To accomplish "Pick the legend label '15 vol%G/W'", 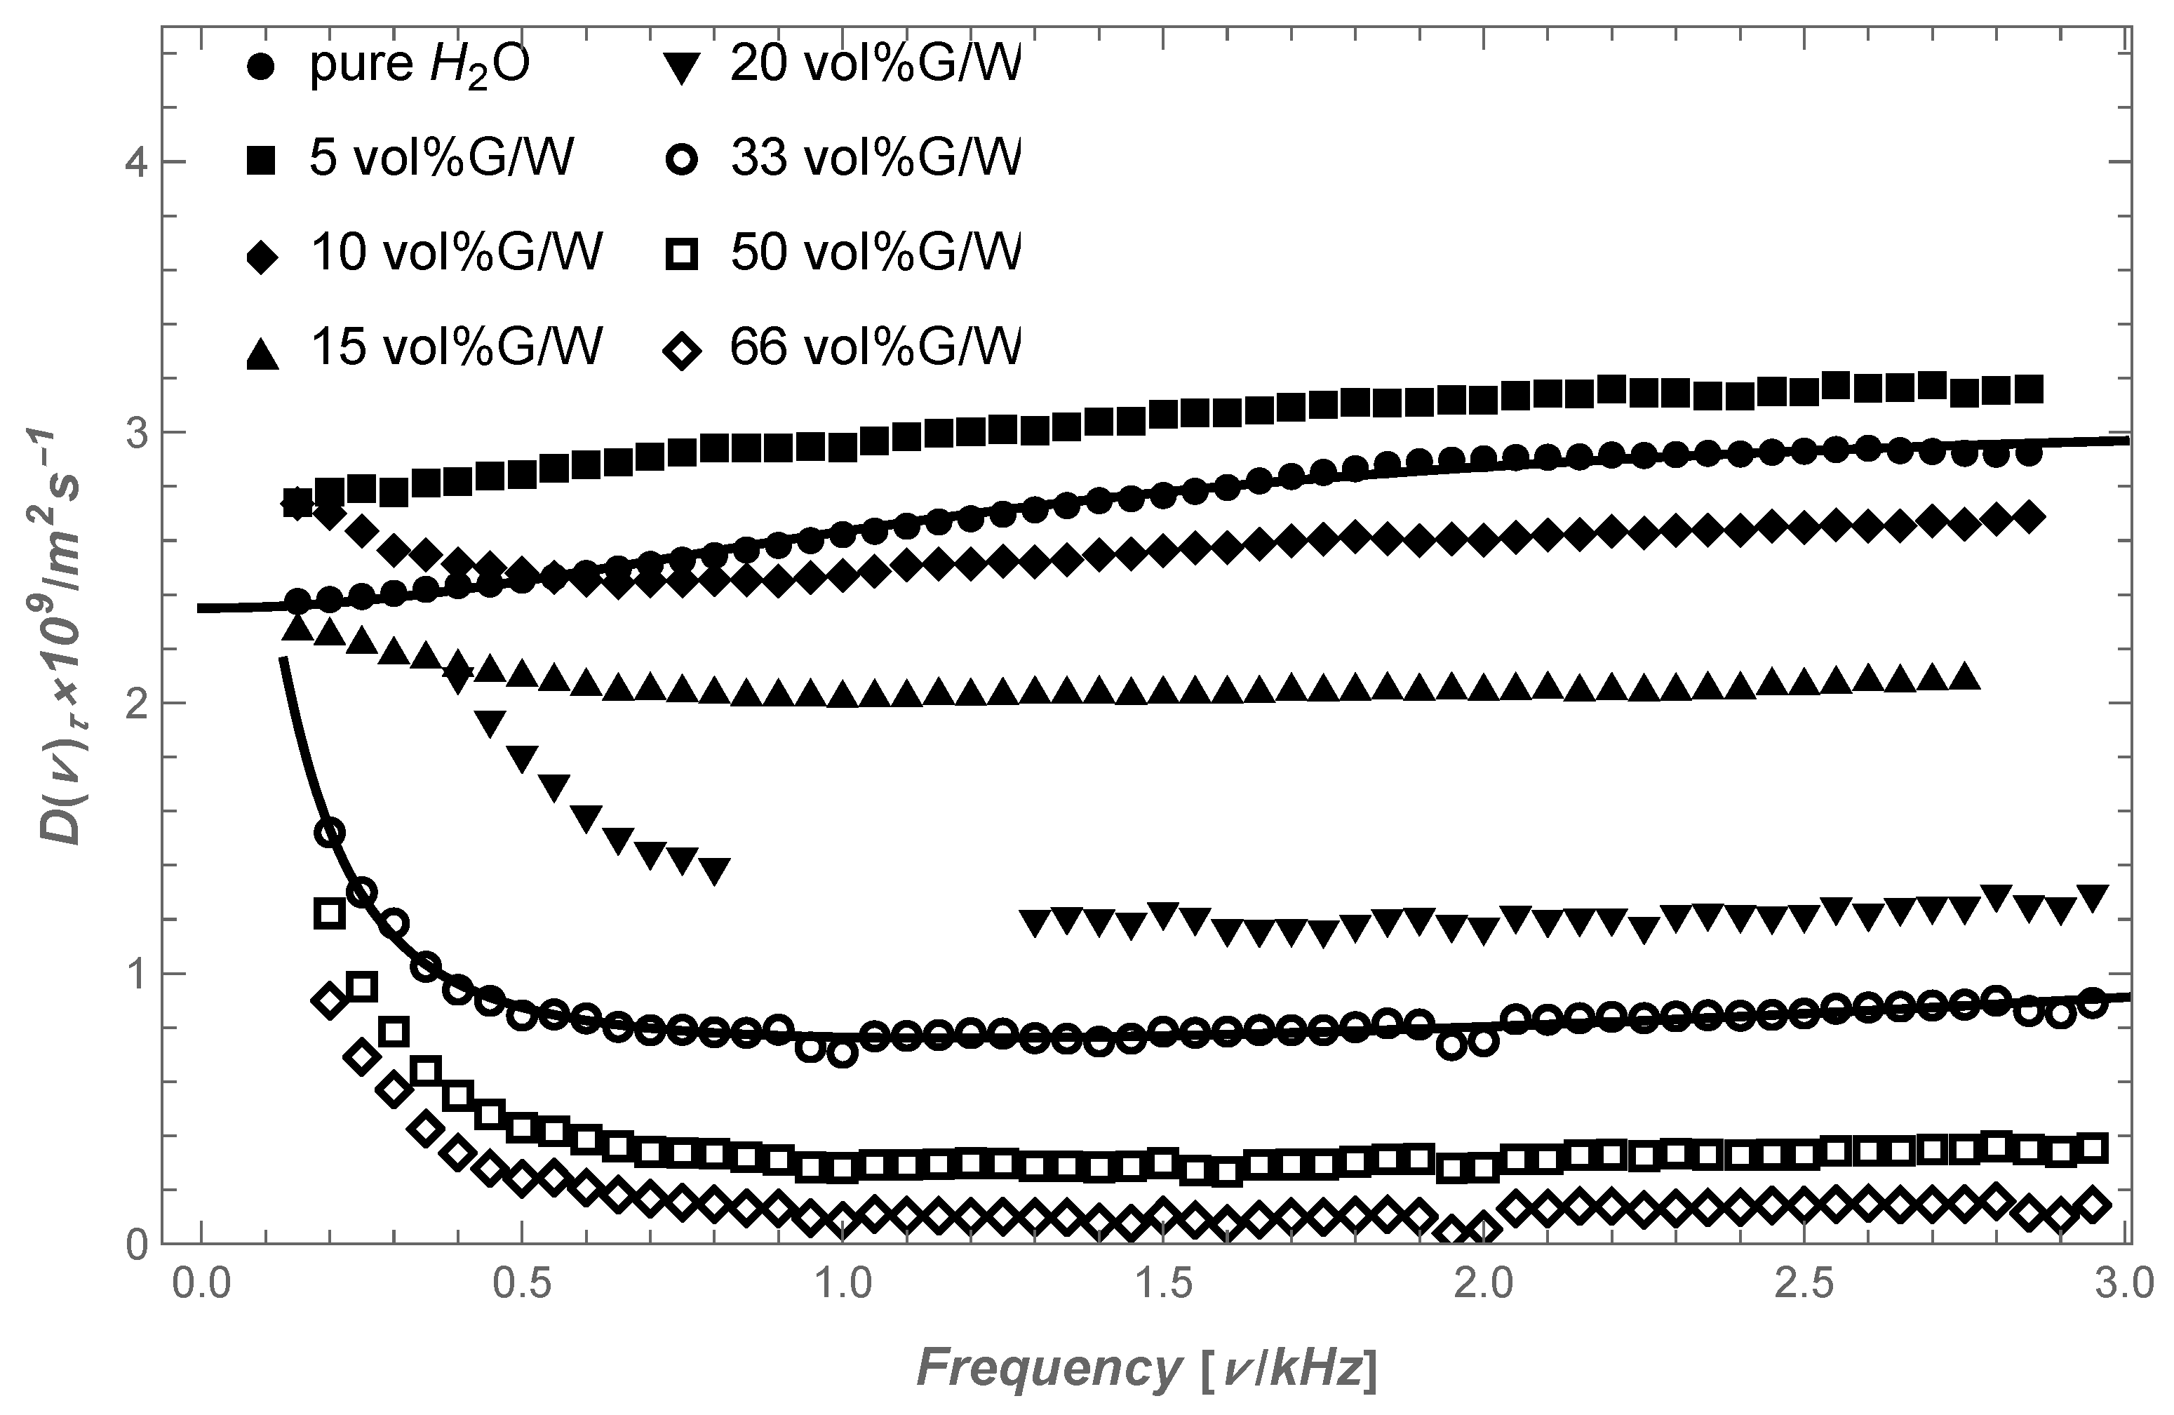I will tap(456, 348).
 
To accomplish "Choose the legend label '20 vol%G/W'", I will tap(874, 66).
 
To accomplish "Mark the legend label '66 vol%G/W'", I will tap(874, 348).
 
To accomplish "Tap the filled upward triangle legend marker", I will tap(263, 353).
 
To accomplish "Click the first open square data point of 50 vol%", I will tap(330, 913).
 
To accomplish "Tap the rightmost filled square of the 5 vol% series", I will tap(2028, 390).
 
